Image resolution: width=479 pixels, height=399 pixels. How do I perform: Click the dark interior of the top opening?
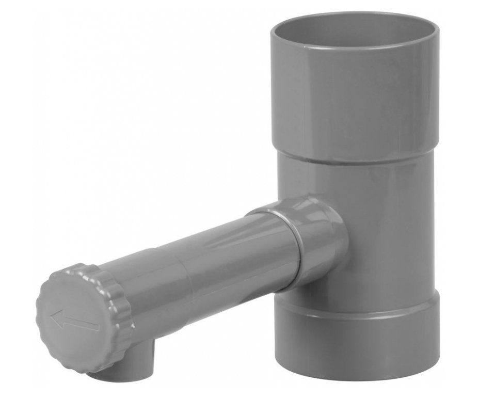(351, 31)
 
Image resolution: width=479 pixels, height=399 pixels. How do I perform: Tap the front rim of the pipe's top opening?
(351, 52)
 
